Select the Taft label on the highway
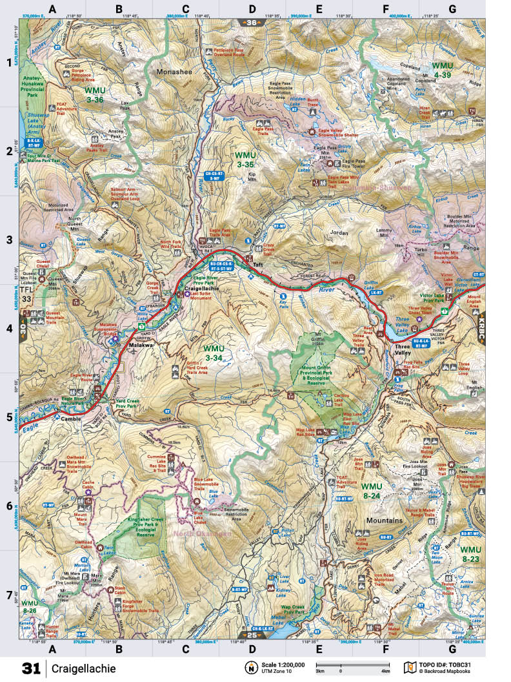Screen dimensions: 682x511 click(259, 265)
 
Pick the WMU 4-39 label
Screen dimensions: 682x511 click(443, 70)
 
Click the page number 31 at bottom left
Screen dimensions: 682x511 click(31, 667)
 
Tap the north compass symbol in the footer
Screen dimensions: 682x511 click(249, 667)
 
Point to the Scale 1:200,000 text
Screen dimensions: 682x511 click(280, 664)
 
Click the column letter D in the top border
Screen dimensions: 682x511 click(252, 9)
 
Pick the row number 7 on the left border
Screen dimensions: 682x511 click(9, 594)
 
